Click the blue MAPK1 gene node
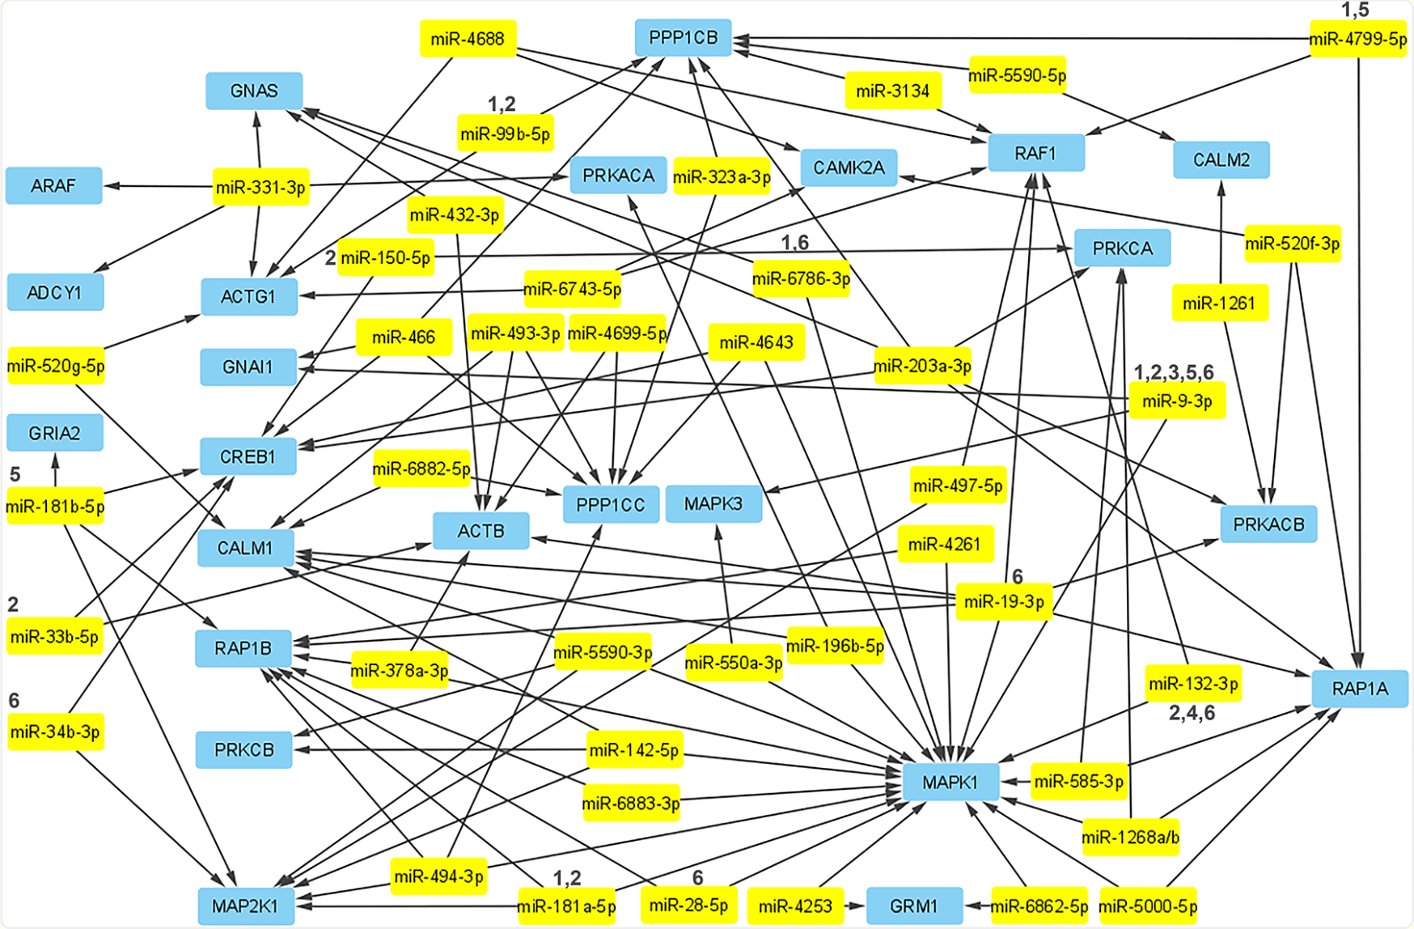pos(950,782)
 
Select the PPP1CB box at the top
pos(683,37)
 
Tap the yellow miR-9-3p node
pos(1176,401)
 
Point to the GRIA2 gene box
pos(54,432)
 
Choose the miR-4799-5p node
pos(1358,39)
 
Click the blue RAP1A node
pos(1359,689)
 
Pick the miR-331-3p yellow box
pos(260,187)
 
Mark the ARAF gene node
pos(53,185)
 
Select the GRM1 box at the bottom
pos(914,906)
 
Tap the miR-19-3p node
pos(1004,601)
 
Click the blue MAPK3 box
pos(713,503)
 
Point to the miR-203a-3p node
pos(922,366)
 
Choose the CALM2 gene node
pos(1221,159)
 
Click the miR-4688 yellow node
pos(468,38)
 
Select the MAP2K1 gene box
pos(245,906)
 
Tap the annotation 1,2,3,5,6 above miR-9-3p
pos(1173,372)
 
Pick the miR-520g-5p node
pos(56,366)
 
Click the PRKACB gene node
pos(1268,524)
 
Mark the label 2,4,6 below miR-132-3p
pos(1192,712)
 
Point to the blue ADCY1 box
pos(54,291)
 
